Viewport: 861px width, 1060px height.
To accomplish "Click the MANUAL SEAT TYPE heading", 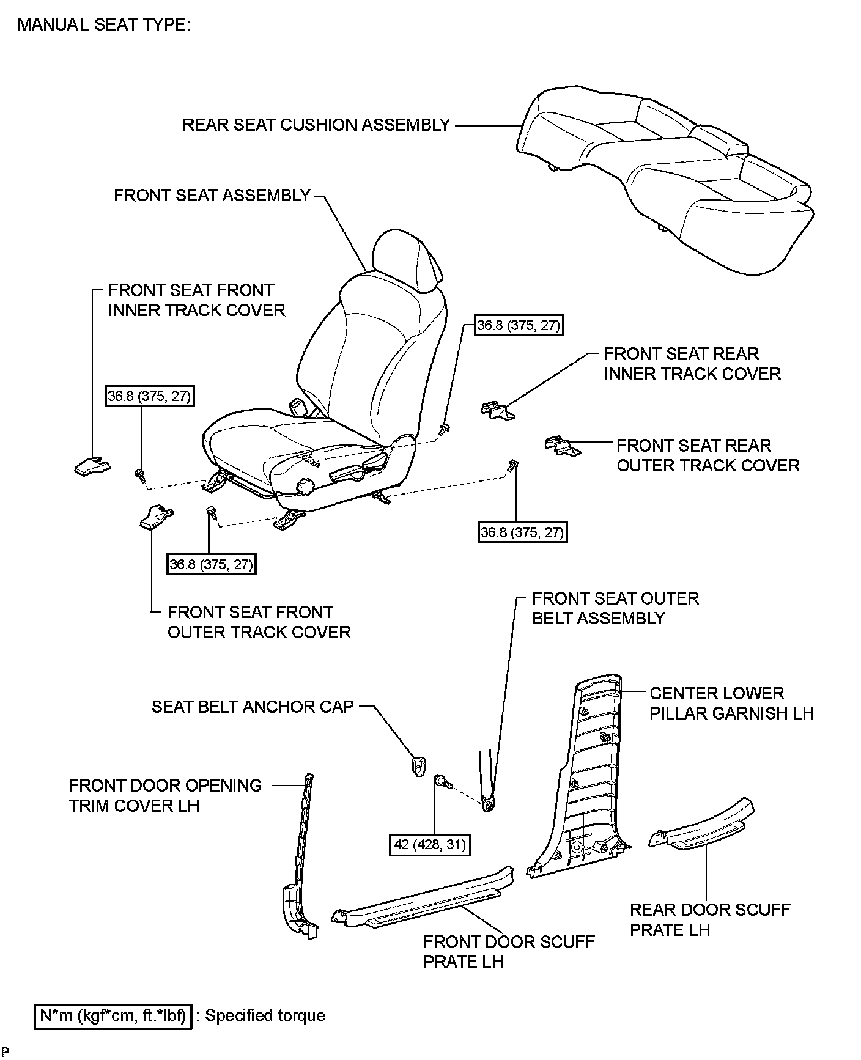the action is [x=104, y=25].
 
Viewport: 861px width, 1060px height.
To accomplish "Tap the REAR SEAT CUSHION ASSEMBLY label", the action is [x=316, y=125].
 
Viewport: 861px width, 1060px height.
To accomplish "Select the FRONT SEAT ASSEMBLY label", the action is [x=212, y=195].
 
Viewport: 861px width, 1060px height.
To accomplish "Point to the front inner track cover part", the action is [x=92, y=467].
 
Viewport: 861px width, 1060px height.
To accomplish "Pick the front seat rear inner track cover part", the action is [x=497, y=411].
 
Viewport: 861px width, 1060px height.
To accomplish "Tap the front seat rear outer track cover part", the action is [x=562, y=446].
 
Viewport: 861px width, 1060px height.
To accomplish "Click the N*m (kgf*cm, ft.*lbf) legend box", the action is [x=113, y=1016].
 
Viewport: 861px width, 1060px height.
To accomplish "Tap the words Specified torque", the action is [x=265, y=1016].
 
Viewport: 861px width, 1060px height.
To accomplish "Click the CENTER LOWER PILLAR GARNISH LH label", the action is [x=731, y=703].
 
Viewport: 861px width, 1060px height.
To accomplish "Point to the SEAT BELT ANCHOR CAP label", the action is [x=253, y=707].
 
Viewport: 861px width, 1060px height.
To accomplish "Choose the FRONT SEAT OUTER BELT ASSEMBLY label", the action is [x=615, y=608].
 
